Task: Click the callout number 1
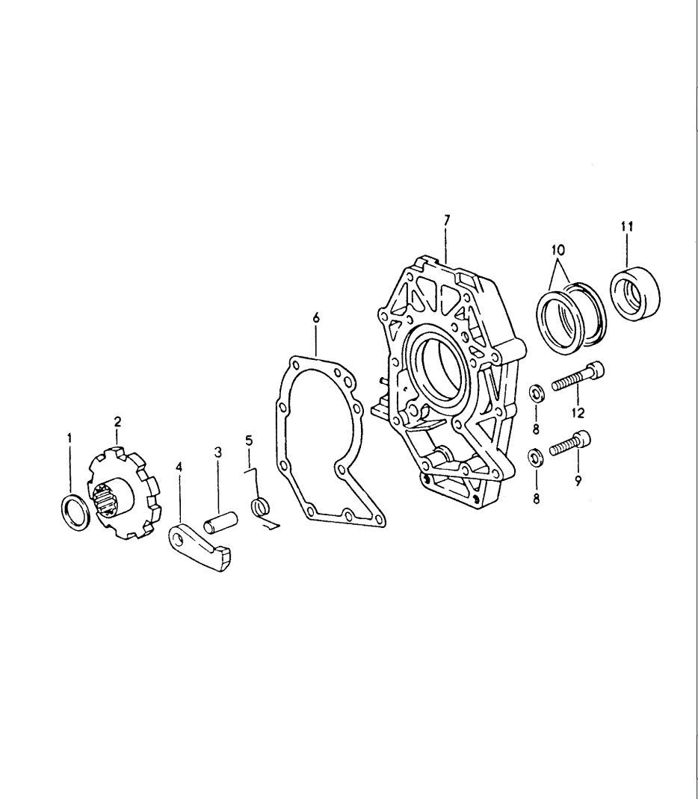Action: (70, 438)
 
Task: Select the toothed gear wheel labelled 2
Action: (124, 492)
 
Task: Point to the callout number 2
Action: (118, 421)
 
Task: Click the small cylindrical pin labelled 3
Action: (220, 520)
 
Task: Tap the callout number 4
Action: (179, 467)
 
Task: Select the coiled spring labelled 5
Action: (261, 508)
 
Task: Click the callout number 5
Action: (250, 440)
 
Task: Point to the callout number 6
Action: (316, 318)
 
